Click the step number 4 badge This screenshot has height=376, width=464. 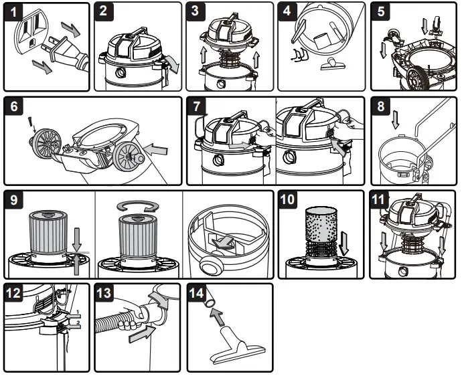pyautogui.click(x=288, y=12)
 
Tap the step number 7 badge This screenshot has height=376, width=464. pyautogui.click(x=197, y=107)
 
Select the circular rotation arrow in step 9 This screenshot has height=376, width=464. pyautogui.click(x=137, y=204)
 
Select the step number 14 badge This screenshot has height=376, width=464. pyautogui.click(x=198, y=294)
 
